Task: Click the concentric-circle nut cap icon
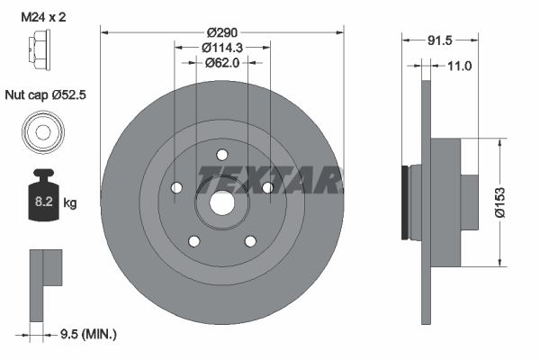pyautogui.click(x=41, y=133)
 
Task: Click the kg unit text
pyautogui.click(x=70, y=203)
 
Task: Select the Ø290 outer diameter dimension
pyautogui.click(x=222, y=32)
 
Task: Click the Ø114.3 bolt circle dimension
pyautogui.click(x=222, y=48)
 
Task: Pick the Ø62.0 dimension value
pyautogui.click(x=221, y=63)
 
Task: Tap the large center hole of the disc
pyautogui.click(x=222, y=202)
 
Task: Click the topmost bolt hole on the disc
pyautogui.click(x=222, y=155)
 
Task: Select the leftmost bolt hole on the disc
pyautogui.click(x=176, y=187)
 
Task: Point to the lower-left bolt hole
pyautogui.click(x=193, y=240)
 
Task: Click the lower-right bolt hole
pyautogui.click(x=251, y=240)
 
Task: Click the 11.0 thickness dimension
pyautogui.click(x=459, y=66)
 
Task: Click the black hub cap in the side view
pyautogui.click(x=404, y=203)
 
